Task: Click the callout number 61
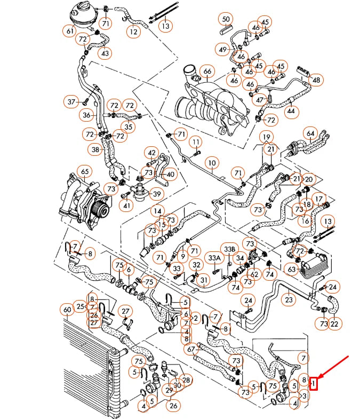pos(70,31)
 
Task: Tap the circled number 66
pos(207,72)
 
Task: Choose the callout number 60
pos(67,310)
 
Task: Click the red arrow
pos(333,368)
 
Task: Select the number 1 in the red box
pos(315,383)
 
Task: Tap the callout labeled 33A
pos(214,258)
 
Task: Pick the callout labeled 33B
pos(230,249)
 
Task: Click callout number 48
pos(317,80)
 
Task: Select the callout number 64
pos(310,132)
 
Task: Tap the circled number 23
pos(289,299)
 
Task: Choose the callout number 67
pos(191,349)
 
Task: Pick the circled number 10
pos(212,162)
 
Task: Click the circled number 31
pos(203,280)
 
